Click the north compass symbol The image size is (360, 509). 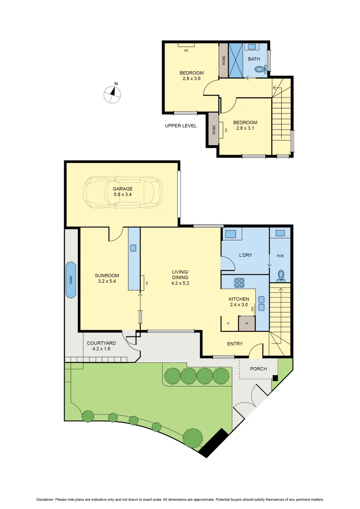click(x=112, y=93)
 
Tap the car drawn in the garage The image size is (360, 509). click(x=122, y=192)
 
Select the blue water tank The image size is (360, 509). click(x=71, y=280)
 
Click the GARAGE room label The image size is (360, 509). click(x=123, y=189)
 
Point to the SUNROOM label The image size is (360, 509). click(x=106, y=276)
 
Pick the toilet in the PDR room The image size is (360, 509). click(x=281, y=275)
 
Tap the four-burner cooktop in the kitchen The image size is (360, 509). click(x=239, y=283)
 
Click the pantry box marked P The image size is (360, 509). click(x=246, y=323)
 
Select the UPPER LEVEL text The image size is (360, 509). click(x=181, y=126)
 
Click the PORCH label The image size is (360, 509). click(x=258, y=369)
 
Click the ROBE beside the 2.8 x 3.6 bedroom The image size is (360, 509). click(x=224, y=60)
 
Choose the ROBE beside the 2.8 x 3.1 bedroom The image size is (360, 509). click(x=213, y=129)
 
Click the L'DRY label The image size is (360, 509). click(x=245, y=255)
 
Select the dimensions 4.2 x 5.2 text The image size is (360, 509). click(x=180, y=283)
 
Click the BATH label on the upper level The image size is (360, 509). click(x=254, y=59)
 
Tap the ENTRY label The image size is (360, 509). click(x=235, y=344)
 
